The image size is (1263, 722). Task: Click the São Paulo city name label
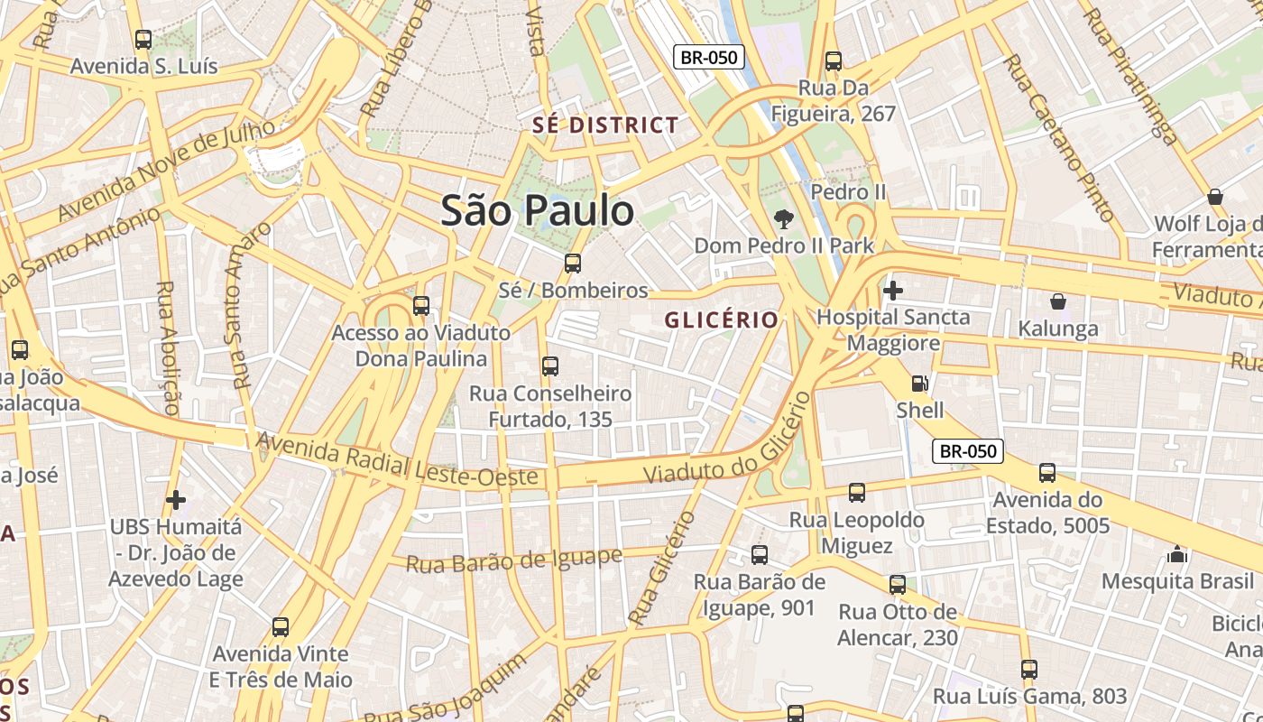(538, 211)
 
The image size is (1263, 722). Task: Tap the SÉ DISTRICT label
(605, 125)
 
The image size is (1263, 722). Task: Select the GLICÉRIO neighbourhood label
(721, 320)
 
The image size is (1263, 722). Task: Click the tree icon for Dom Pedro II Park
(783, 219)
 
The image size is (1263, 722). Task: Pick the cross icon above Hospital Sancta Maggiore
(892, 291)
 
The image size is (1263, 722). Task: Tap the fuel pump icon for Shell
(919, 384)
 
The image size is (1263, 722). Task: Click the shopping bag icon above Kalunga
(1057, 301)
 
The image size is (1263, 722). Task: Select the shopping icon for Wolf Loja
(1214, 197)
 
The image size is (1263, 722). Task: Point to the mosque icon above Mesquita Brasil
(1176, 554)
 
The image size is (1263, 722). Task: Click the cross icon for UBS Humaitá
(176, 499)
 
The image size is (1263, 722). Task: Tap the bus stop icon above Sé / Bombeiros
(572, 264)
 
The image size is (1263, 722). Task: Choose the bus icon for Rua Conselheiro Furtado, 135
(549, 366)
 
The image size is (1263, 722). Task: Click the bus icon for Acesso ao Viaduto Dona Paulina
(420, 306)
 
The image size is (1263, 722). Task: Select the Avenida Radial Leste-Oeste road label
(397, 461)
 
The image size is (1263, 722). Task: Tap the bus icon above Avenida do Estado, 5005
(1046, 473)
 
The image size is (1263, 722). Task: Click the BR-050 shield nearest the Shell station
(967, 450)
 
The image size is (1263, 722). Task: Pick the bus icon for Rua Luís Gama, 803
(1028, 670)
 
